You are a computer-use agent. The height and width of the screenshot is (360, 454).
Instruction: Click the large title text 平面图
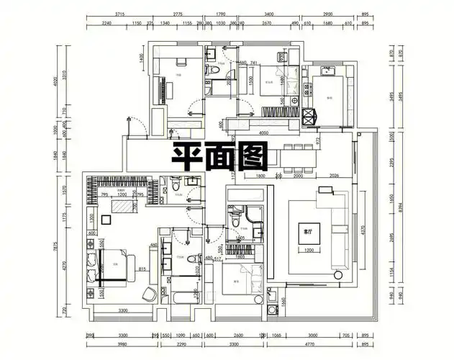click(220, 153)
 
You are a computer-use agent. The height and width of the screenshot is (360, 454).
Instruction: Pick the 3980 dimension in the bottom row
click(122, 344)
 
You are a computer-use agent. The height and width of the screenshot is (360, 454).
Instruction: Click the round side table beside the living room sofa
click(338, 274)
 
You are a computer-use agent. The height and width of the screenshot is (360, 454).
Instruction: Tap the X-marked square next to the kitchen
click(312, 115)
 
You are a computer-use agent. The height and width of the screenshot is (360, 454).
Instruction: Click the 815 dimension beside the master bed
click(144, 269)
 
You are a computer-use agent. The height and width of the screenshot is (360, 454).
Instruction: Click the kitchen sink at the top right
click(332, 72)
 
